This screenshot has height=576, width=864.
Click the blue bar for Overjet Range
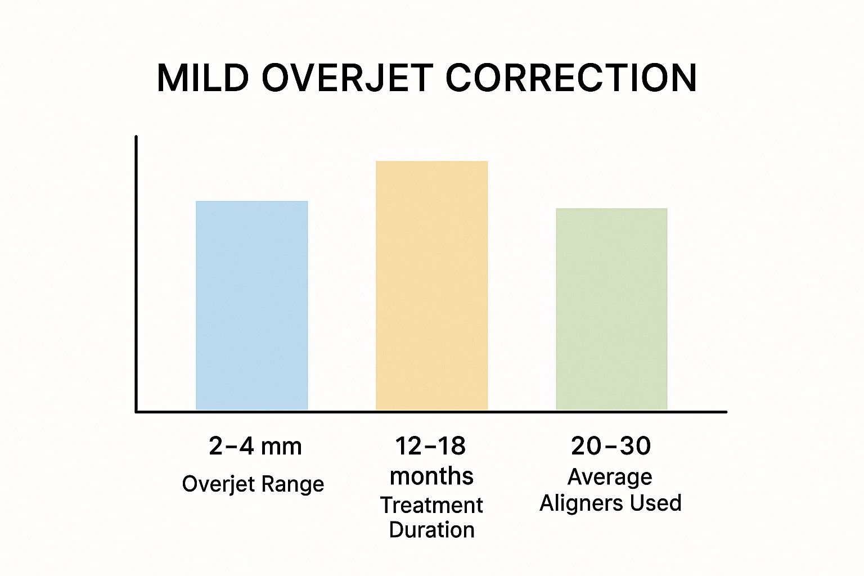[252, 305]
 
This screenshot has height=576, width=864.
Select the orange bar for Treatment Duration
[431, 286]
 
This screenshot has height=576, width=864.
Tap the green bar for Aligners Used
[611, 309]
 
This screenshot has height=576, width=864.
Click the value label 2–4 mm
[255, 447]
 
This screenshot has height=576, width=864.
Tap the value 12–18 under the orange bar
[430, 447]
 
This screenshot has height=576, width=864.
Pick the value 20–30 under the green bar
[611, 447]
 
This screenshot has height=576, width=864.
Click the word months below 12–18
[431, 476]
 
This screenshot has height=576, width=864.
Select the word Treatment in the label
[431, 505]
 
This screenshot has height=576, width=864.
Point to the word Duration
[431, 530]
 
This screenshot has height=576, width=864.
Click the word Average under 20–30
[610, 477]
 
